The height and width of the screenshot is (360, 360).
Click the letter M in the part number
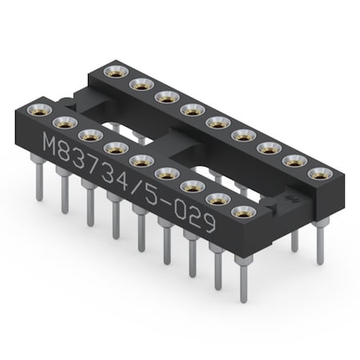click(x=50, y=146)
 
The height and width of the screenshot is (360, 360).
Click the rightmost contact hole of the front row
click(x=241, y=210)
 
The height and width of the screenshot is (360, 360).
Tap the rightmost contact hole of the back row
click(x=320, y=174)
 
